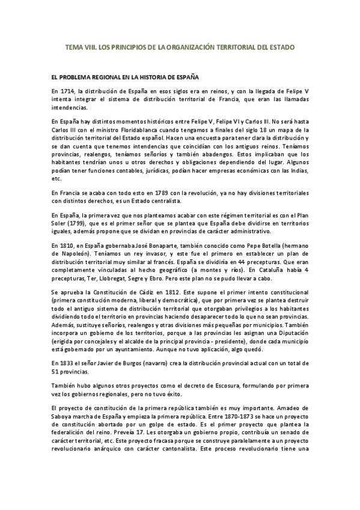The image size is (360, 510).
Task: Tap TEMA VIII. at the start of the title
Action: pos(79,46)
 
